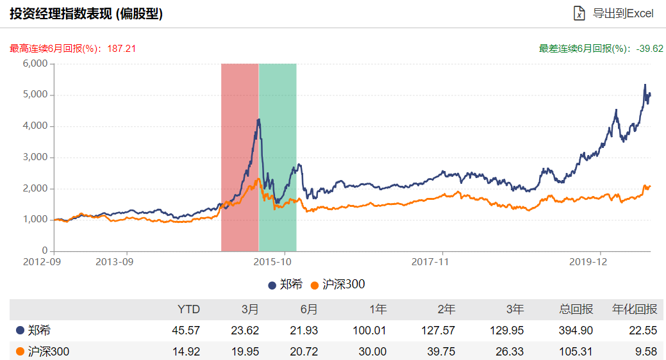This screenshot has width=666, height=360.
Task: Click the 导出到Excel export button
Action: tap(614, 13)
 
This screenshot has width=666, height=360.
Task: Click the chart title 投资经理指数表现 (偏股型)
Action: tap(86, 13)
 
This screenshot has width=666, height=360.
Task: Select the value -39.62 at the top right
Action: tap(649, 48)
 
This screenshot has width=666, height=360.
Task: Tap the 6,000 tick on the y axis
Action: tap(35, 63)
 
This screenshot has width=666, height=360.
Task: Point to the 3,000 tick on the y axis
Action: tap(35, 157)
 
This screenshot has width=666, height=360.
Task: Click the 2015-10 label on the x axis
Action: tap(272, 261)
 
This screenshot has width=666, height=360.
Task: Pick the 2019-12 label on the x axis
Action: tap(589, 261)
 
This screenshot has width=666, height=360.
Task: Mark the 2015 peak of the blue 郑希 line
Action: tap(258, 120)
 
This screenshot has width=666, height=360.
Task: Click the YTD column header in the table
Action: tap(188, 309)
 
